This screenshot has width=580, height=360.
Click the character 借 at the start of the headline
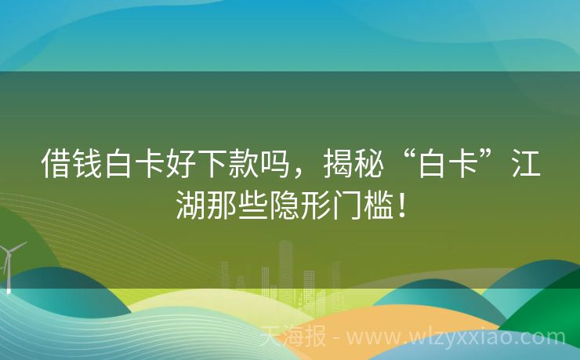(56, 165)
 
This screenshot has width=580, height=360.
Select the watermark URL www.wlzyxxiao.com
(455, 338)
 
